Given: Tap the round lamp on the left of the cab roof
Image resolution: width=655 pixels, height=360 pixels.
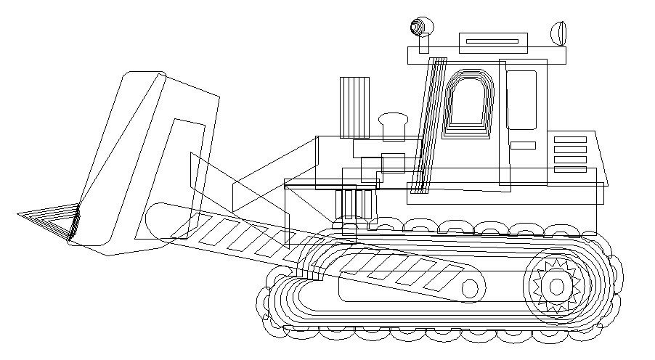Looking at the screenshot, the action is tap(420, 27).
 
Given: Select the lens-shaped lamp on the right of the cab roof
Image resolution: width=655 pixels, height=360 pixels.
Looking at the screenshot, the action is tap(558, 33).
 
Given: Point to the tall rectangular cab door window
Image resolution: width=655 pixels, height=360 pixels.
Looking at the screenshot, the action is tap(521, 99).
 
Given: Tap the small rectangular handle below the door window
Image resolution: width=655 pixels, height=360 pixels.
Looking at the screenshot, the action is tap(523, 145).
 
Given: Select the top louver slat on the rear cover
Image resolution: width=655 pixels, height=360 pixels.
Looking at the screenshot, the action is tap(569, 139).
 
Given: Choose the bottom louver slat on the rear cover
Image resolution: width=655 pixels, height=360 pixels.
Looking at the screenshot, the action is tap(569, 169).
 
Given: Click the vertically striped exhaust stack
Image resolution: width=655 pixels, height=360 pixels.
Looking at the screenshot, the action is tap(354, 107).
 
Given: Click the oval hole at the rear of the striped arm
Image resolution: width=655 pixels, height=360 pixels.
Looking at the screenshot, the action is tap(470, 289).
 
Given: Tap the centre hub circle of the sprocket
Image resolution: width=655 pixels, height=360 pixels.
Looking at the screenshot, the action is tap(556, 287).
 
